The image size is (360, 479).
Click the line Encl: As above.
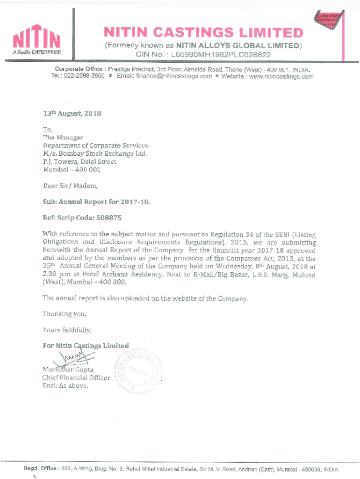65,386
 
